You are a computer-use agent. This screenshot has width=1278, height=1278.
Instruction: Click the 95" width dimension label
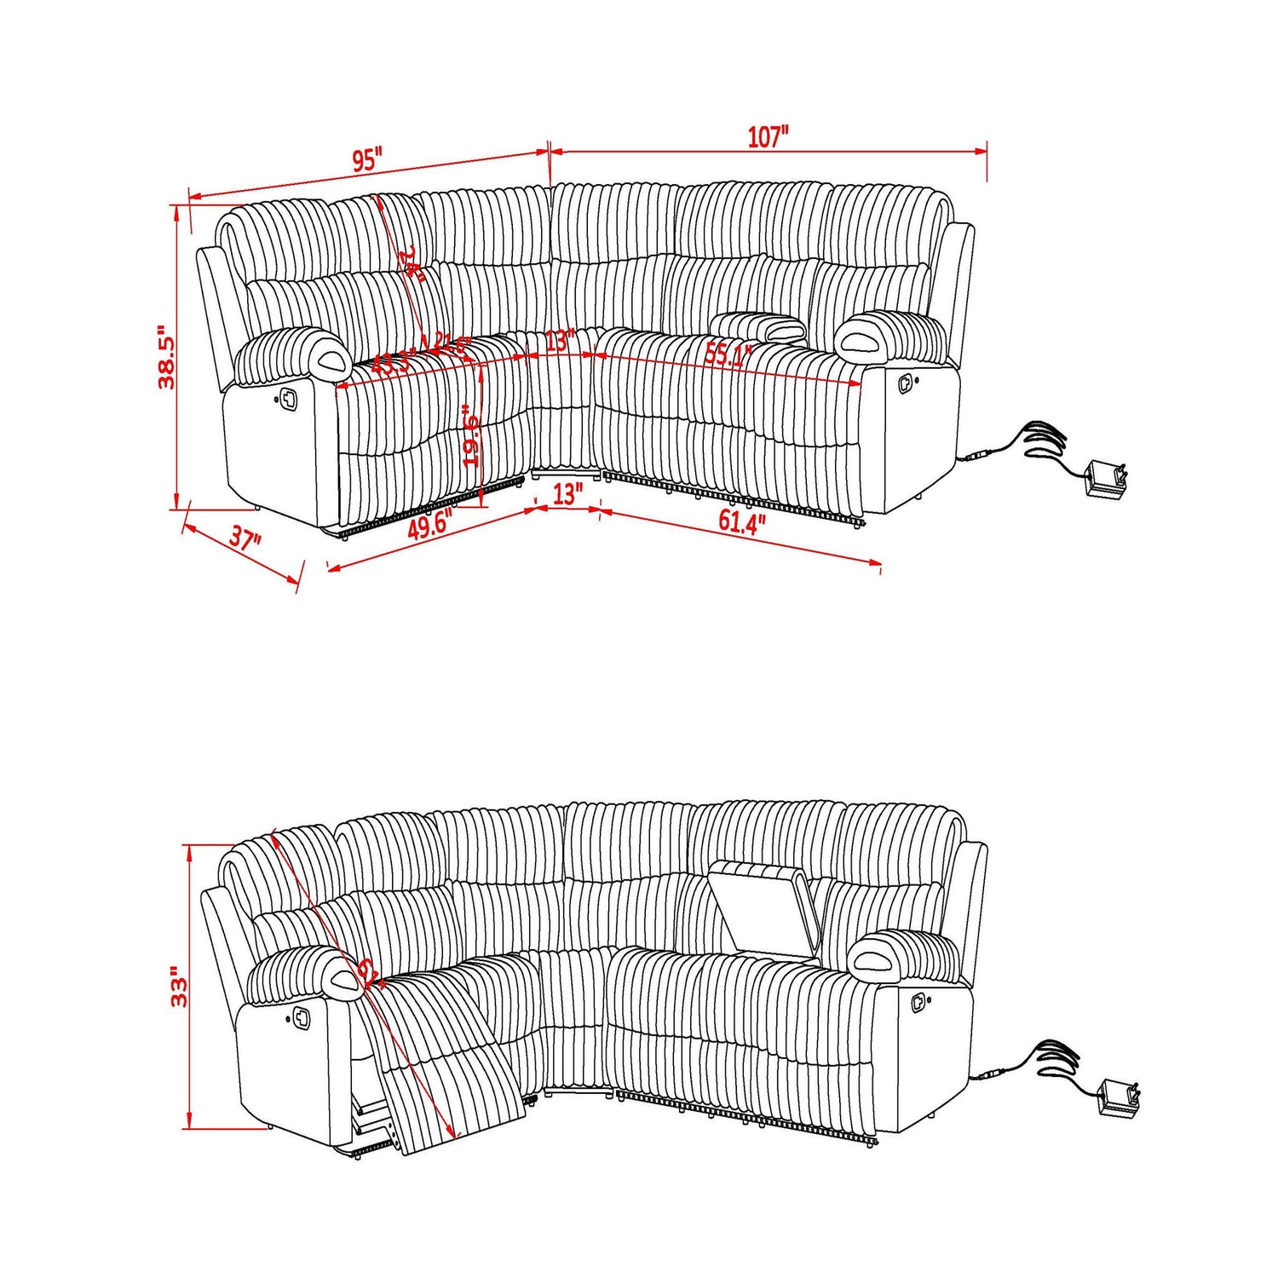point(367,160)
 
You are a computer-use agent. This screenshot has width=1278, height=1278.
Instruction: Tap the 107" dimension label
point(769,137)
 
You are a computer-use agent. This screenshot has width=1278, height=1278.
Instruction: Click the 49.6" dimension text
point(429,527)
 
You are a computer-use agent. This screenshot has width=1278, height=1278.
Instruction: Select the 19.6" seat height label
point(471,435)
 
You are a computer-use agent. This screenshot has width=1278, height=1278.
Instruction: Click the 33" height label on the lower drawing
point(179,987)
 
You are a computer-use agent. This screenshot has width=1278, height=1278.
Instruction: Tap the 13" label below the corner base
point(567,493)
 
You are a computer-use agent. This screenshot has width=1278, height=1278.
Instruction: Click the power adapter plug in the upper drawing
point(1106,480)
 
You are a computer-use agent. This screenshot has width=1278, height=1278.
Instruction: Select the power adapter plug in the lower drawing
point(1117,1097)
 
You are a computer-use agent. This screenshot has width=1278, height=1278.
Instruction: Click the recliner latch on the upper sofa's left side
point(287,397)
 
